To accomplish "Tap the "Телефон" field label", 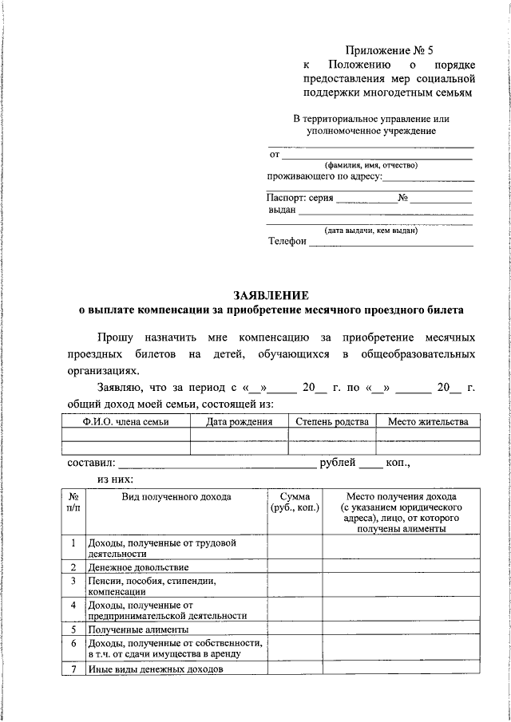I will coord(287,243).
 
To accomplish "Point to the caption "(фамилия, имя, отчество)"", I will coord(370,165).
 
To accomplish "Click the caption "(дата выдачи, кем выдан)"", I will coord(370,231).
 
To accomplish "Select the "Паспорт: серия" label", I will coord(299,198).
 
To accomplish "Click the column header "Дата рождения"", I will coord(239,421).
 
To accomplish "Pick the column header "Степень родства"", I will coord(331,421).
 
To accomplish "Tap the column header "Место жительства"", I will coord(428,421).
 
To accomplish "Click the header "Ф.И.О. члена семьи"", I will coord(125,421).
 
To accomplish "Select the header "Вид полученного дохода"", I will coord(176,497).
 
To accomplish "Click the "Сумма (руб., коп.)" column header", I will coord(295,503).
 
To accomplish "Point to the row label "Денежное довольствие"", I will coord(138,567).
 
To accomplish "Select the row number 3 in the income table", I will coord(73,581).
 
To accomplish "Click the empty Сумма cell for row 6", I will coord(295,649).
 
